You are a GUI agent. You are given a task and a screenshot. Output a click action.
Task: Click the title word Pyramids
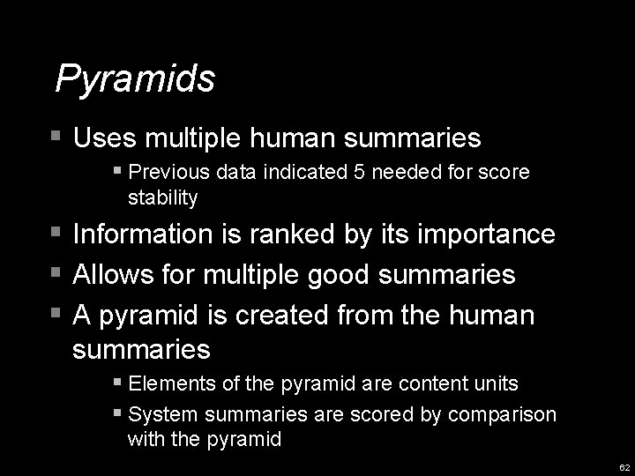135,79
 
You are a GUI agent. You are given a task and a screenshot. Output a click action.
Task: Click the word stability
162,197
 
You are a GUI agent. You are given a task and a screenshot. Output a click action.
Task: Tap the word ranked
303,234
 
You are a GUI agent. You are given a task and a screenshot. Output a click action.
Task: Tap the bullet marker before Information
57,234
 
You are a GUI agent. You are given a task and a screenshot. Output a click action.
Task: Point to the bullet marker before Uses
57,137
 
